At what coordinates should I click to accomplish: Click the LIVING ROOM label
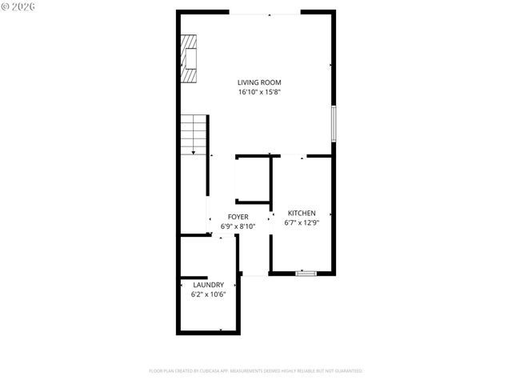pyautogui.click(x=259, y=82)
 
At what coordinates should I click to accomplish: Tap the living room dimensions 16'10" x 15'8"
pyautogui.click(x=259, y=92)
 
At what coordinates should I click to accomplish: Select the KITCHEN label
pyautogui.click(x=302, y=213)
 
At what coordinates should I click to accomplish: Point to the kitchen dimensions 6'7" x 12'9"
pyautogui.click(x=302, y=222)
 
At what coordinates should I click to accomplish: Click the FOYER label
pyautogui.click(x=238, y=217)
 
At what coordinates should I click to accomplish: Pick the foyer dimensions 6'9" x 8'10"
pyautogui.click(x=238, y=226)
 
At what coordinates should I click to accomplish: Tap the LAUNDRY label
pyautogui.click(x=208, y=285)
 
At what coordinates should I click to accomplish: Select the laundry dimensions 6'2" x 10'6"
pyautogui.click(x=208, y=294)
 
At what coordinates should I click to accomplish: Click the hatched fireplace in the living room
pyautogui.click(x=189, y=58)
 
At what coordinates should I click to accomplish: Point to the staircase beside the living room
pyautogui.click(x=193, y=134)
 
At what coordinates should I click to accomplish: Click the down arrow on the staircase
pyautogui.click(x=193, y=151)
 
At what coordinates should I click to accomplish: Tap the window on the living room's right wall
pyautogui.click(x=333, y=123)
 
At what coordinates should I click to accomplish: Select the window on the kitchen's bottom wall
pyautogui.click(x=306, y=274)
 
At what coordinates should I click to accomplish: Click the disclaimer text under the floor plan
pyautogui.click(x=256, y=371)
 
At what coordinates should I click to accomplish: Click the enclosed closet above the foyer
pyautogui.click(x=253, y=179)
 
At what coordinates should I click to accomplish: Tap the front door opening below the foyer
pyautogui.click(x=254, y=274)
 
